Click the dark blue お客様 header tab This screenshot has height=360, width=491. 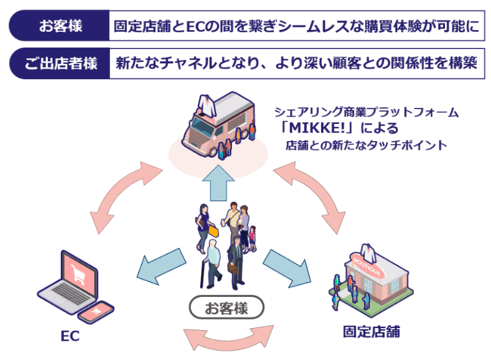[x=60, y=26]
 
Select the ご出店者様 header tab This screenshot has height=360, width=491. [x=60, y=63]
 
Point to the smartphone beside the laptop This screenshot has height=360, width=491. [x=98, y=312]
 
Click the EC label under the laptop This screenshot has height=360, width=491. [x=70, y=337]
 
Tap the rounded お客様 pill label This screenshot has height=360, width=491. [x=226, y=307]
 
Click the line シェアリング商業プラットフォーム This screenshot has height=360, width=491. [x=366, y=113]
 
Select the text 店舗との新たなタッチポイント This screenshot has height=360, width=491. [x=366, y=146]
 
